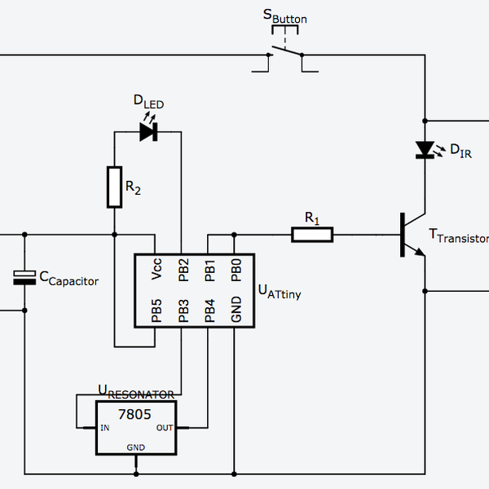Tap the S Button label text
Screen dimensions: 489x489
(x=284, y=15)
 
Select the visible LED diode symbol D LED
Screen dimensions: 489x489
(x=148, y=132)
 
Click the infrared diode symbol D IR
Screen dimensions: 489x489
(x=425, y=149)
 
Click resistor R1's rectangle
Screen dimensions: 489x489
(x=312, y=235)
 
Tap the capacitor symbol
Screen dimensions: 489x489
(x=25, y=278)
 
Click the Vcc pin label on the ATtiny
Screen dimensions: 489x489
(x=156, y=270)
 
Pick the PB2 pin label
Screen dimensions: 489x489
(x=183, y=270)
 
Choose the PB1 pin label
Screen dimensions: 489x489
(x=209, y=270)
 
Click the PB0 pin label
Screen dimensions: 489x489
(x=236, y=270)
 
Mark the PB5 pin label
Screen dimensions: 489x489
(x=156, y=311)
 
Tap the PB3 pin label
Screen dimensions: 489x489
(x=183, y=311)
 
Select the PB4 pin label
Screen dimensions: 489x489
(x=209, y=311)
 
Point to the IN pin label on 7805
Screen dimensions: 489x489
(x=105, y=427)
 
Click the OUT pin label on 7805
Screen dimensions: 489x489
(x=165, y=427)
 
